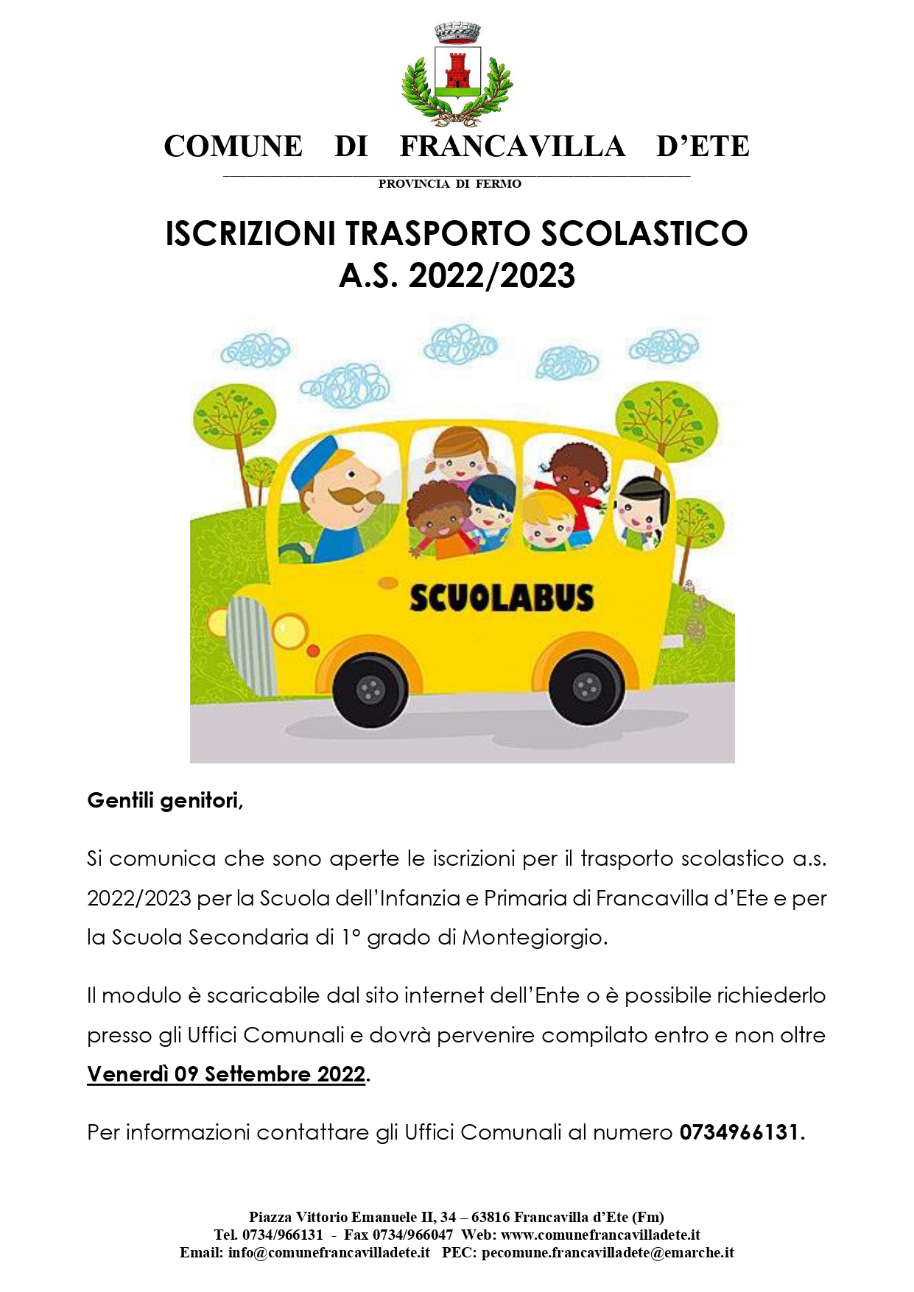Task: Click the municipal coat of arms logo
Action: (x=457, y=74)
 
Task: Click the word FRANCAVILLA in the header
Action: (x=512, y=146)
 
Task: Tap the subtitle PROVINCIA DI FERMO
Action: (x=449, y=184)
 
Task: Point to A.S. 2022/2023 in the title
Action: (x=457, y=276)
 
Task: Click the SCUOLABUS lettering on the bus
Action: (x=501, y=598)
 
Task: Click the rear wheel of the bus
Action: (x=586, y=688)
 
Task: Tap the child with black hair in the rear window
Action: (x=639, y=508)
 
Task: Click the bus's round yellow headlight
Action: (x=289, y=631)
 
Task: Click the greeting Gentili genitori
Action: (x=165, y=800)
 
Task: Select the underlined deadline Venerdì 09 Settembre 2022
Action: (x=226, y=1074)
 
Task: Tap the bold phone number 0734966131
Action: (x=739, y=1132)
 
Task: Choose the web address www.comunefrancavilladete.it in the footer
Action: (x=600, y=1235)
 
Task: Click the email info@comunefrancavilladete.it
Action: (x=328, y=1252)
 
